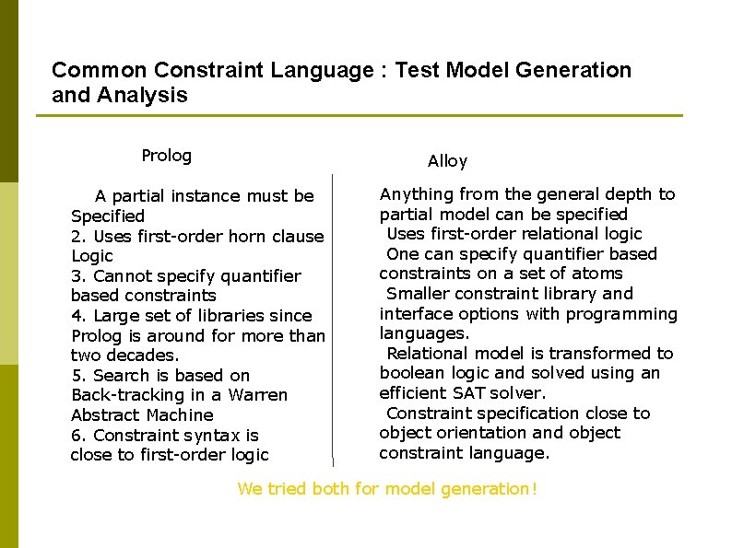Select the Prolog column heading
point(166,156)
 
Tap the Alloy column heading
point(447,161)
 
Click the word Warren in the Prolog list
point(257,395)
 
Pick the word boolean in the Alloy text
point(409,373)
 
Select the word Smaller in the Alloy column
point(418,294)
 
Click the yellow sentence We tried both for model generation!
point(386,489)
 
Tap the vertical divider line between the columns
point(333,322)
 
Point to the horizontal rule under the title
point(360,116)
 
